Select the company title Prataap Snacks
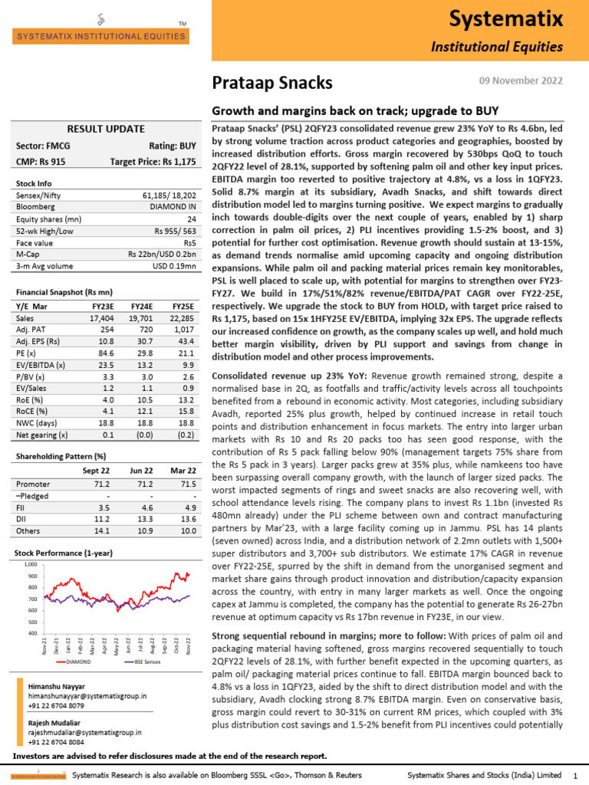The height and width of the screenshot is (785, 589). [x=272, y=83]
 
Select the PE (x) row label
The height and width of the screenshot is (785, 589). [x=29, y=356]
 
